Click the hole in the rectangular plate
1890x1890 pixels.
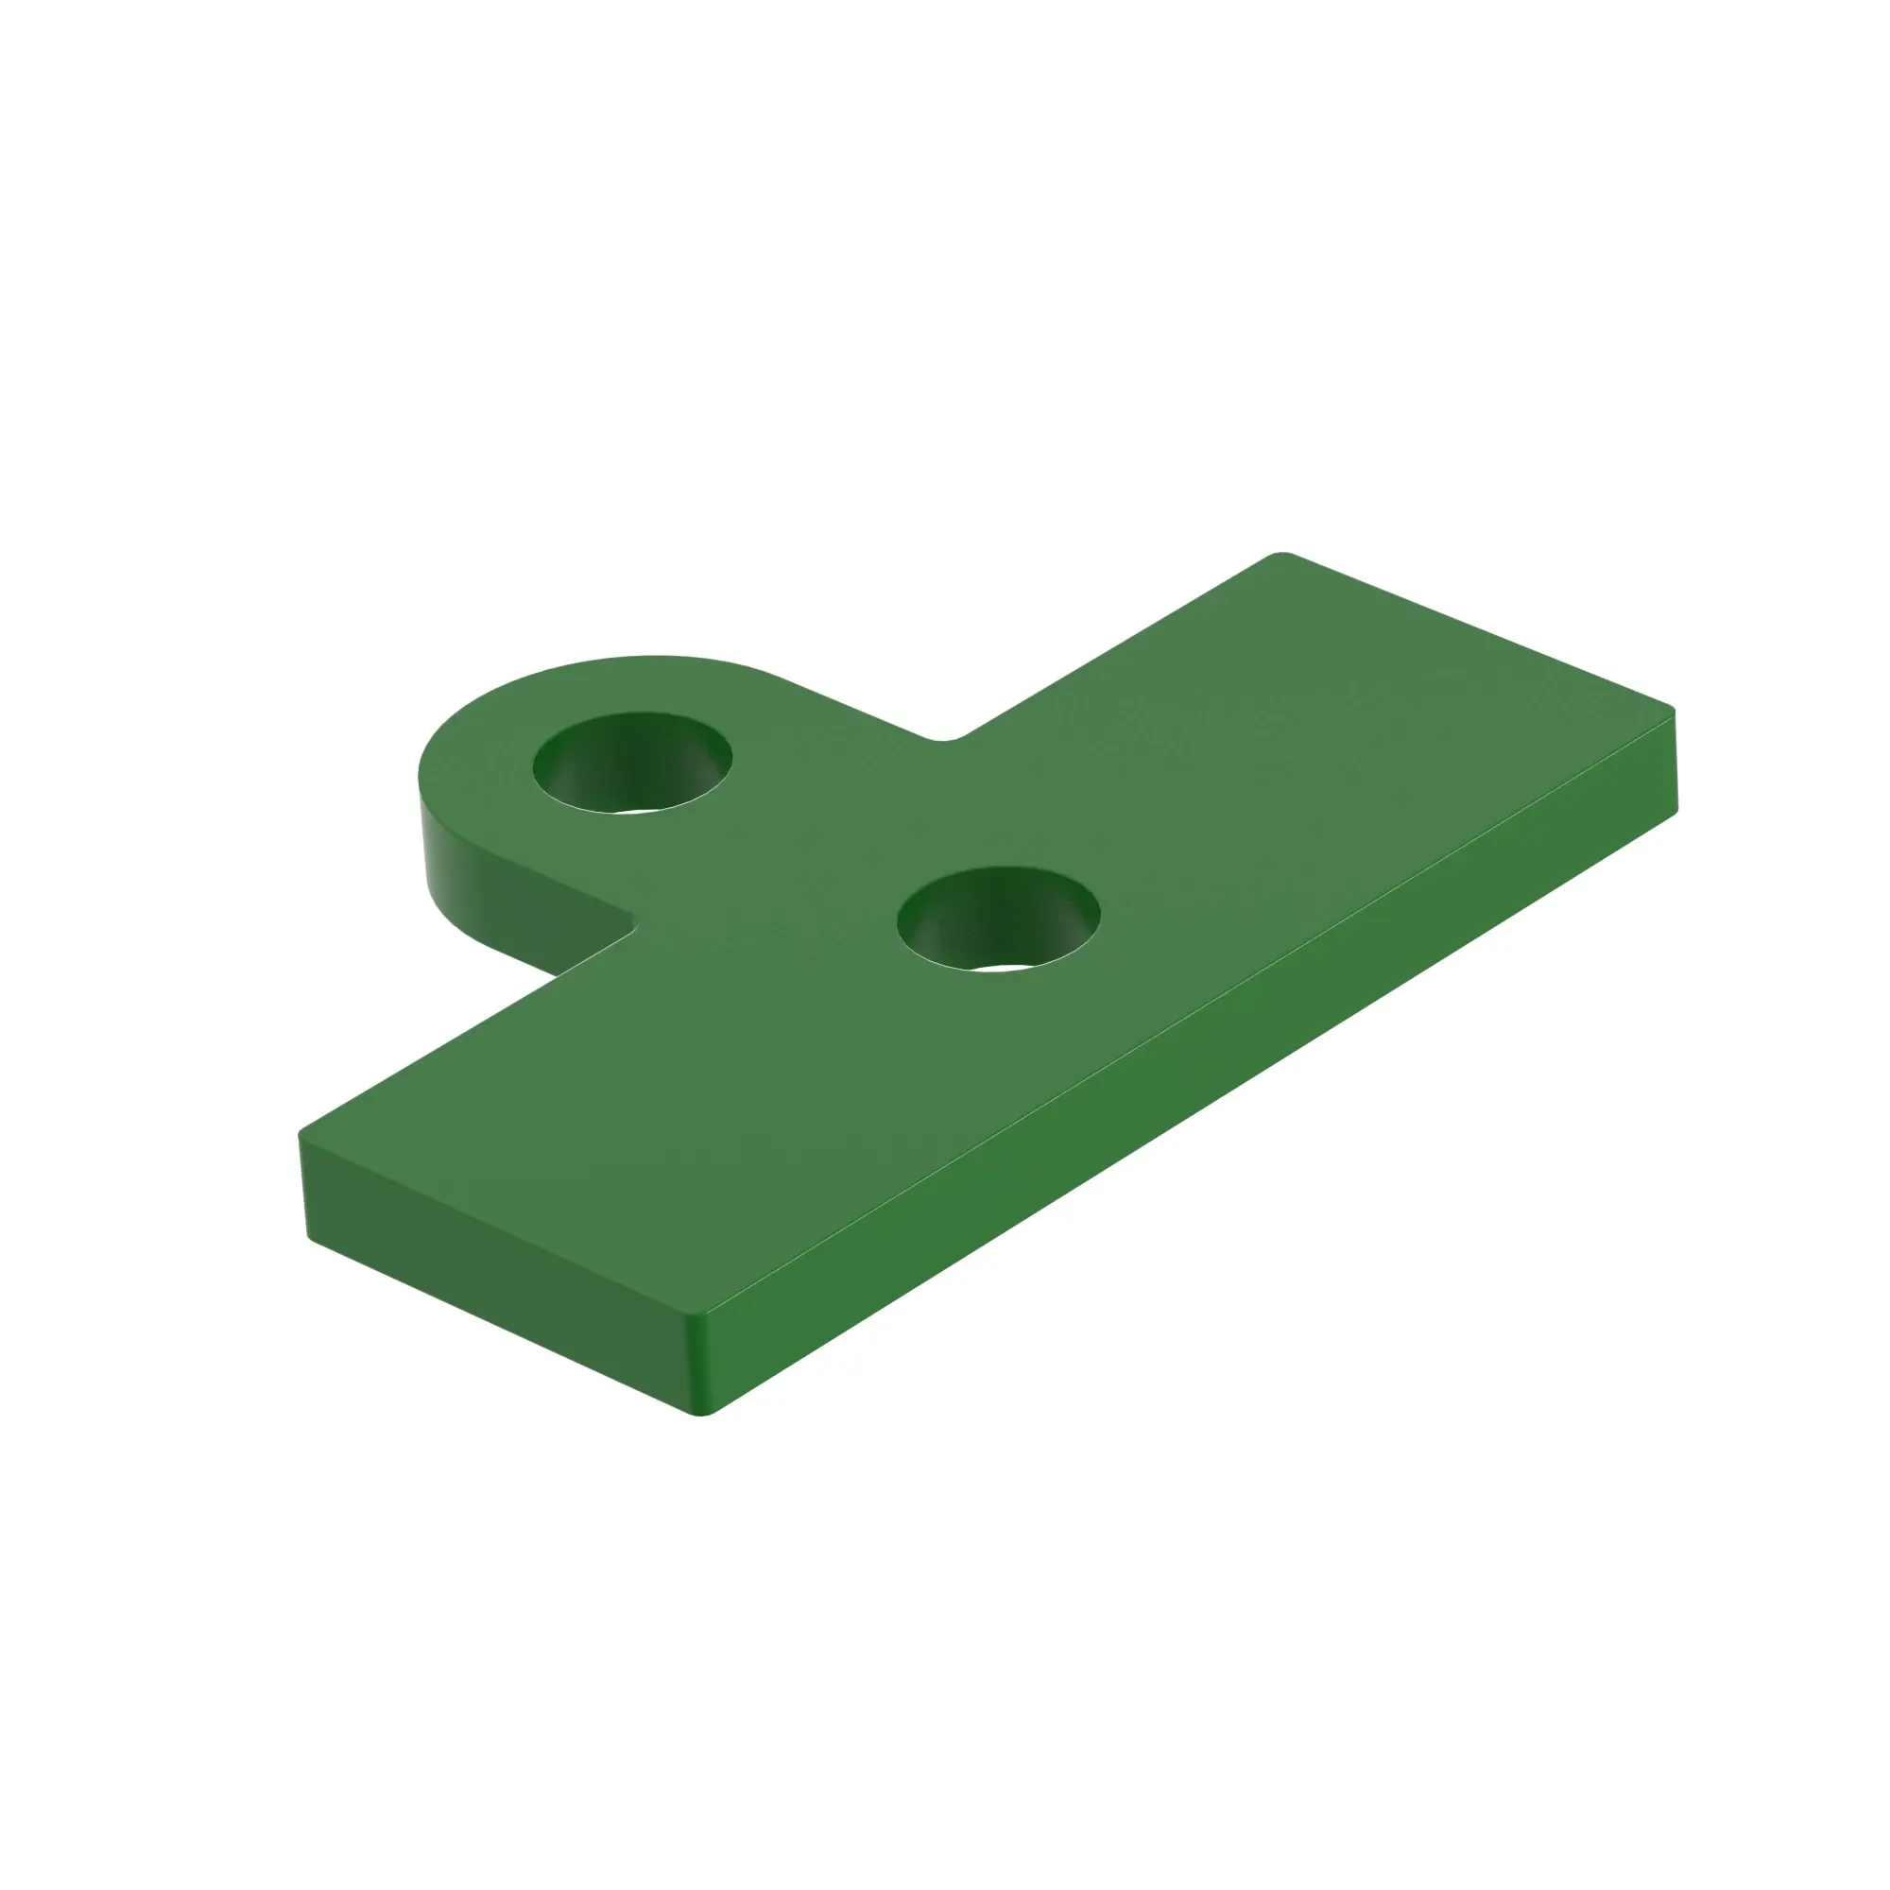point(998,918)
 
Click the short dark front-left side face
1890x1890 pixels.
point(490,1272)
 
